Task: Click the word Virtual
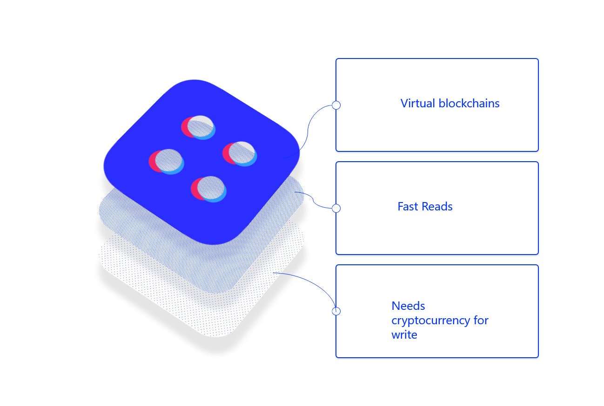tap(418, 103)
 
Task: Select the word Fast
tap(408, 206)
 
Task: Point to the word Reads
tap(437, 206)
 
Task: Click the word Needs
tap(408, 306)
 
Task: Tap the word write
tap(404, 334)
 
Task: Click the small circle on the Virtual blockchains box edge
tap(336, 105)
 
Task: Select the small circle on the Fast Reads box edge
tap(336, 209)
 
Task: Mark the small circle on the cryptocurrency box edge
tap(336, 311)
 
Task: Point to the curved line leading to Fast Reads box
tap(314, 201)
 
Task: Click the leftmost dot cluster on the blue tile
tap(166, 161)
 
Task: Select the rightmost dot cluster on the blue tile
tap(240, 153)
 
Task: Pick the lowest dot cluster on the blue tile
tap(208, 189)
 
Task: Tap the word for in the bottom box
tap(481, 321)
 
